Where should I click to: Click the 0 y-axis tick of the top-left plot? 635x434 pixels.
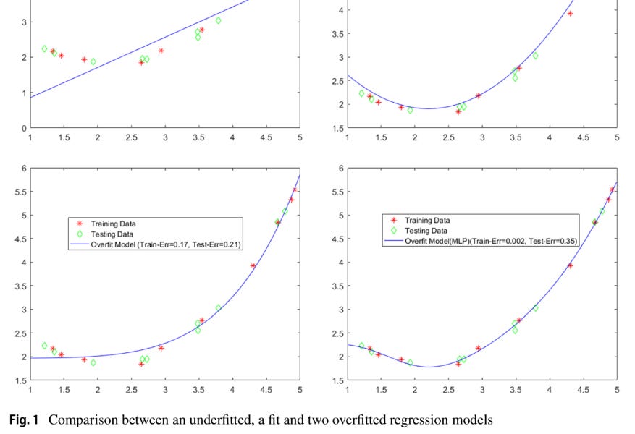tap(23, 128)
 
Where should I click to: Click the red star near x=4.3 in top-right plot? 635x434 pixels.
tap(570, 14)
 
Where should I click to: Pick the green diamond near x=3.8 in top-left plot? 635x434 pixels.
tap(218, 20)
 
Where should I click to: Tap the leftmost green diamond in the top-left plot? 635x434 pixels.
tap(44, 48)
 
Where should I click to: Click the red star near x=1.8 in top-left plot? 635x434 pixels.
tap(84, 59)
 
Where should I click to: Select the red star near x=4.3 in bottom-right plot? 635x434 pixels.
tap(570, 265)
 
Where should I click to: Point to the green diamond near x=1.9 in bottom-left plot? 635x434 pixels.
tap(93, 362)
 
